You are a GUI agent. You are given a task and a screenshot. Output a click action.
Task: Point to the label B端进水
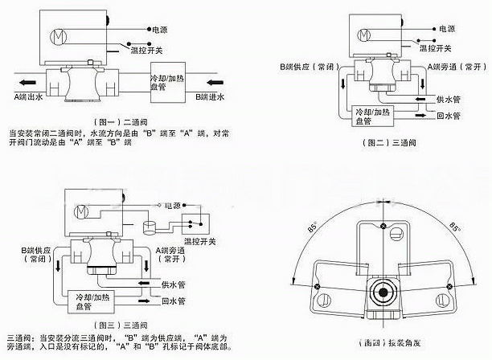tap(212, 96)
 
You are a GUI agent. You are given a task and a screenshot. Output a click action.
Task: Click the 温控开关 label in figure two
tap(449, 48)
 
